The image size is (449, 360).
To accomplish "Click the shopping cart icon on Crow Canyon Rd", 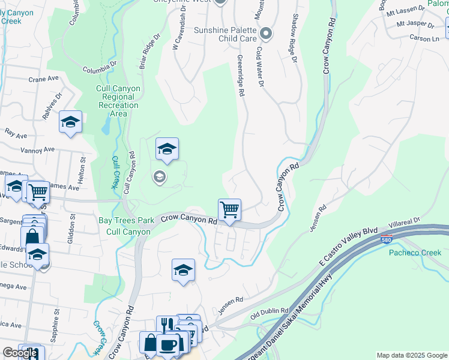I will (229, 210).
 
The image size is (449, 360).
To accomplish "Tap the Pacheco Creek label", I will (415, 253).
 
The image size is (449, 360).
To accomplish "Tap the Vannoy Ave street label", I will (38, 149).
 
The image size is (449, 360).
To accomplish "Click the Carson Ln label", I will (424, 38).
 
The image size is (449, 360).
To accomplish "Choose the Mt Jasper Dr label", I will (415, 25).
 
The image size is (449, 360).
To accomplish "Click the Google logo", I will (19, 353).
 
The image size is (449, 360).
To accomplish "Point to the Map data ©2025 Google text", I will (412, 355).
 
